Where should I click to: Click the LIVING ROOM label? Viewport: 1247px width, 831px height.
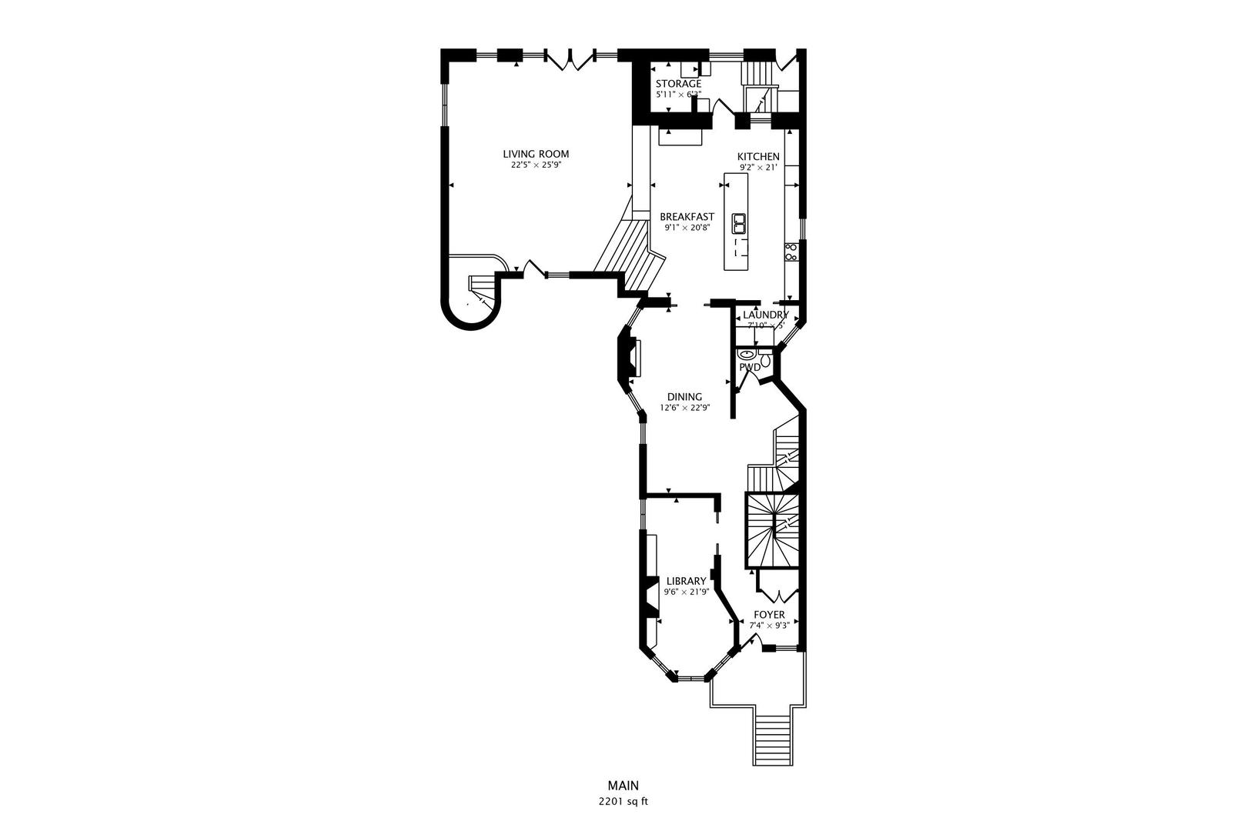point(536,154)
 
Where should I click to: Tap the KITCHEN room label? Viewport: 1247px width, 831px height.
point(758,157)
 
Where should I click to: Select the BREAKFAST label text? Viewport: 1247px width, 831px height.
point(687,217)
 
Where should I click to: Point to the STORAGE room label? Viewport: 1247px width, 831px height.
point(678,84)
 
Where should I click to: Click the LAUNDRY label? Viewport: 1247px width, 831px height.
point(765,315)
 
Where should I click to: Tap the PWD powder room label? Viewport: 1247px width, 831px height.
point(750,368)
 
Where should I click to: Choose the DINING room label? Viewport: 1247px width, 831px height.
point(684,397)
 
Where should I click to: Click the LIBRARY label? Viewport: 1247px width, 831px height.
point(686,581)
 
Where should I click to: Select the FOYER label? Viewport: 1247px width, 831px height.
point(769,615)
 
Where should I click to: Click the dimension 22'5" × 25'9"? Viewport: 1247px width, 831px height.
point(536,165)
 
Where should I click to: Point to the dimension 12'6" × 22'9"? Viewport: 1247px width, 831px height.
point(684,408)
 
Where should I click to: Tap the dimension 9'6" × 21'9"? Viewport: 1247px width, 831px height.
point(686,592)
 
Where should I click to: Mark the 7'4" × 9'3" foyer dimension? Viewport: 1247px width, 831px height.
point(769,626)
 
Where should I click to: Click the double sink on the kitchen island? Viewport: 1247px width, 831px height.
point(739,224)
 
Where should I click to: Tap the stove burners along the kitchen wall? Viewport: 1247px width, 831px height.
point(790,252)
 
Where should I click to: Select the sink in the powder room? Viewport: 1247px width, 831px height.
point(747,355)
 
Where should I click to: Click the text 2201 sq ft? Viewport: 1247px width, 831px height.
point(623,801)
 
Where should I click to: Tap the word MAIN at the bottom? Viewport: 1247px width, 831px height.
point(623,786)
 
